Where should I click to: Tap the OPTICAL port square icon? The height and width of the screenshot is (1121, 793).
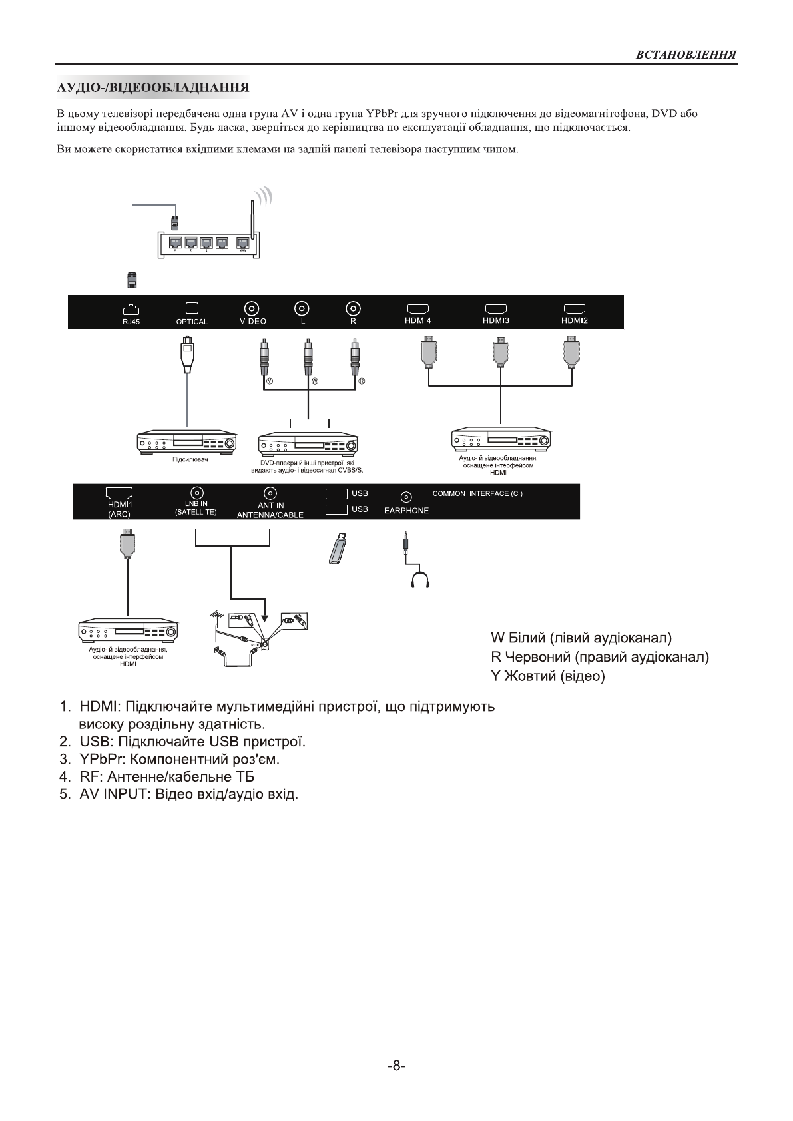pyautogui.click(x=192, y=308)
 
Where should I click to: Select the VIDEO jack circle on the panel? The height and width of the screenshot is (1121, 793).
pyautogui.click(x=252, y=308)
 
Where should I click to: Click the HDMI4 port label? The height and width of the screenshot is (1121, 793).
pyautogui.click(x=418, y=320)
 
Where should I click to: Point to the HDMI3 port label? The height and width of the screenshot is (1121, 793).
pyautogui.click(x=496, y=320)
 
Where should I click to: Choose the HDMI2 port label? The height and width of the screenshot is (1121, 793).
pyautogui.click(x=575, y=320)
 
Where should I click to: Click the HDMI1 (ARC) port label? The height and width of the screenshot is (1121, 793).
pyautogui.click(x=120, y=509)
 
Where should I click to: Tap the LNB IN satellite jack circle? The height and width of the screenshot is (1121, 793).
pyautogui.click(x=197, y=493)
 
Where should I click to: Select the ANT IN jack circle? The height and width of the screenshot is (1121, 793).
pyautogui.click(x=270, y=493)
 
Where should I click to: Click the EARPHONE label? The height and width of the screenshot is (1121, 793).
pyautogui.click(x=406, y=511)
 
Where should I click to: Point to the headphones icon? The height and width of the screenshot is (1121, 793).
pyautogui.click(x=420, y=580)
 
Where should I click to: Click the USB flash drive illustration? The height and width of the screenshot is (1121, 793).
pyautogui.click(x=338, y=549)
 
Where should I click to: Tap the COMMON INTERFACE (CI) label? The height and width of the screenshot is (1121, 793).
pyautogui.click(x=477, y=494)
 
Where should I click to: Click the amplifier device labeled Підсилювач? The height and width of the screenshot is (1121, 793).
pyautogui.click(x=187, y=444)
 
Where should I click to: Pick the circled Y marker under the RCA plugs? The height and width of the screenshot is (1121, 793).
pyautogui.click(x=269, y=382)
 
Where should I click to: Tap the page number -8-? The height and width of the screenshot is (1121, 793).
pyautogui.click(x=396, y=1066)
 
